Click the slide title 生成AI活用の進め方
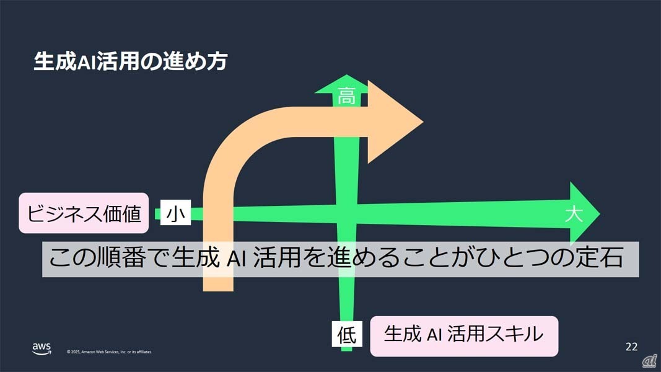[x=131, y=62]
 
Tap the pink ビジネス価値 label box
[x=84, y=213]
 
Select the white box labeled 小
[x=175, y=214]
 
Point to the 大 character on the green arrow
[x=574, y=215]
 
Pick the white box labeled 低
[x=346, y=335]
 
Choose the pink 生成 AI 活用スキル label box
[x=464, y=335]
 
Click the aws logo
[x=42, y=349]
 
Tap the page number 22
[x=631, y=346]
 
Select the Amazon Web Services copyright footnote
[x=109, y=352]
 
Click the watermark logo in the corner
[x=649, y=360]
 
